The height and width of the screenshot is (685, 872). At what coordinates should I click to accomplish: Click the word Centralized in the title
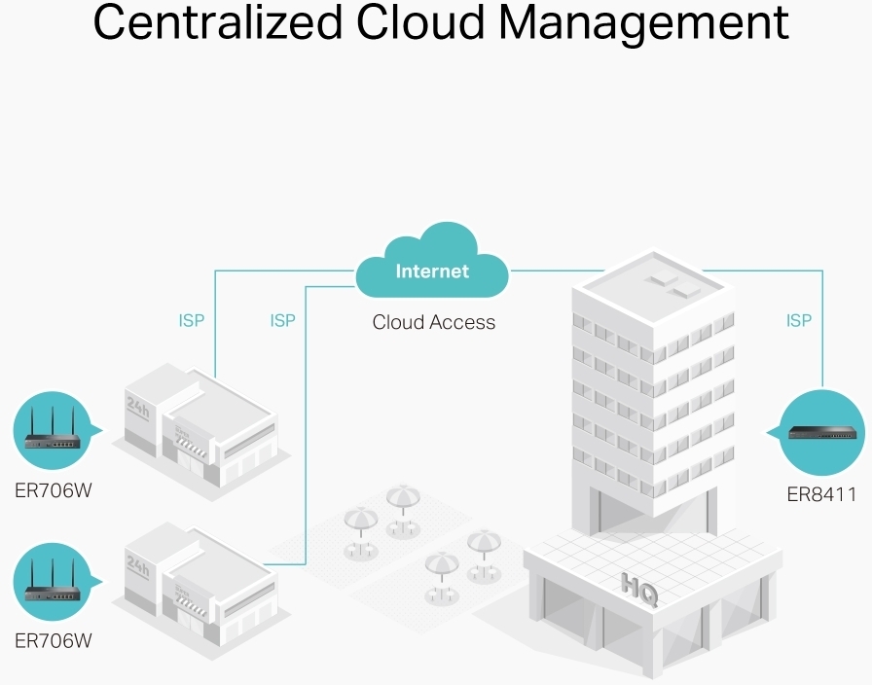point(216,24)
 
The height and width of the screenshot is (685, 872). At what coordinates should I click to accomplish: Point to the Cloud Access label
point(433,322)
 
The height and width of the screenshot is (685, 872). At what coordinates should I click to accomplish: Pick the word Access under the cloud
point(462,322)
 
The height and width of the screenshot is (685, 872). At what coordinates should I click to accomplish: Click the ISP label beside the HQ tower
point(798,320)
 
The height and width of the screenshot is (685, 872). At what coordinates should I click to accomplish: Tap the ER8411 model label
point(821,495)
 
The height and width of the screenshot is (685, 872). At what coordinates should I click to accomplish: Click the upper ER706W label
point(54,489)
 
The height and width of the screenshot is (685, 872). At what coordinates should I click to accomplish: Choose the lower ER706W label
point(54,641)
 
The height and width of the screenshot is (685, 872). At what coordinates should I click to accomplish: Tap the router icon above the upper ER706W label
point(52,431)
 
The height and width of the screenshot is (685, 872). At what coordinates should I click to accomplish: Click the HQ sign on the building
point(639,589)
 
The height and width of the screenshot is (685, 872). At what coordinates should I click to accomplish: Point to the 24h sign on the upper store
point(138,406)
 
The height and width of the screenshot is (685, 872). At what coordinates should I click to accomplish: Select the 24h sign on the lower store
point(138,564)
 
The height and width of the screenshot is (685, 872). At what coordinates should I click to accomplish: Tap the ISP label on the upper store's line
point(192,320)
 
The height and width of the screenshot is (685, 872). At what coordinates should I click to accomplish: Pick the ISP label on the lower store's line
point(282,320)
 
